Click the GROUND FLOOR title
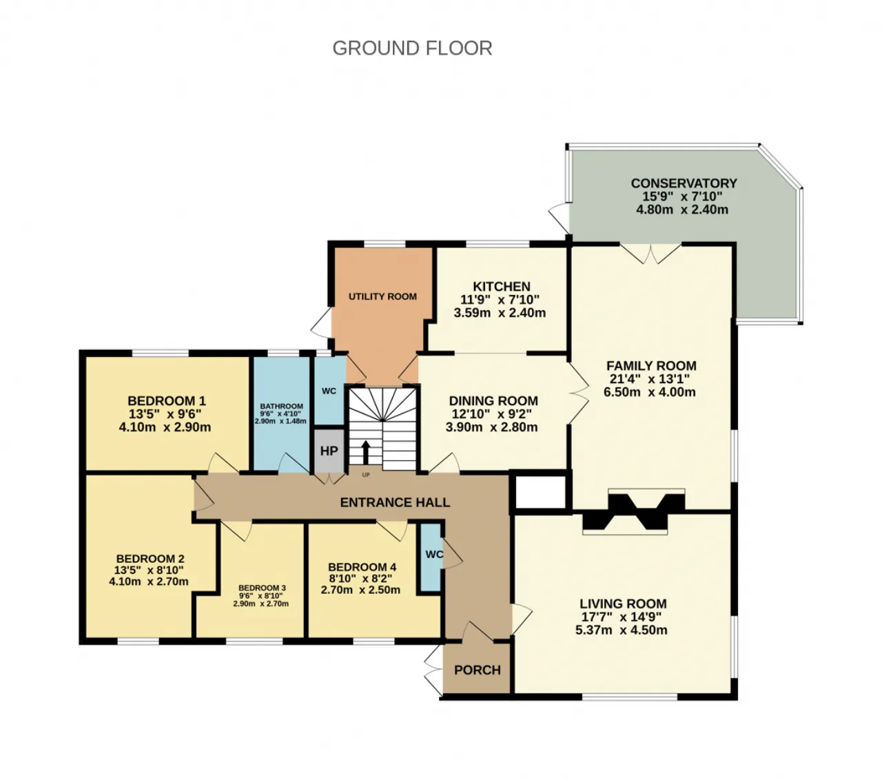(412, 48)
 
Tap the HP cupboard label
(329, 451)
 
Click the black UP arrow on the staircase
(366, 452)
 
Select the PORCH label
(477, 670)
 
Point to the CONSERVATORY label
(684, 183)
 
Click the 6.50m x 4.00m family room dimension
(650, 392)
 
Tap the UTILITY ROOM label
(382, 296)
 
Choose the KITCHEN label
(502, 287)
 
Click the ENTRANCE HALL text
(395, 503)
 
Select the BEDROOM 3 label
(262, 588)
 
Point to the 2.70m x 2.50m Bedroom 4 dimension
(360, 591)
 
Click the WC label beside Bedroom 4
(434, 554)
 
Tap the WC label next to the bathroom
(329, 391)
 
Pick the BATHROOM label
(281, 406)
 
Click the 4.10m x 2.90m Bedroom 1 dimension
(165, 427)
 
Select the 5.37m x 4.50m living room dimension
(622, 630)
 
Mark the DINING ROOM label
(493, 401)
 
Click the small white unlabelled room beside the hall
(540, 492)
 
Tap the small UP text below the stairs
(366, 475)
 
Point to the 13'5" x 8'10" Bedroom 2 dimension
(149, 571)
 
